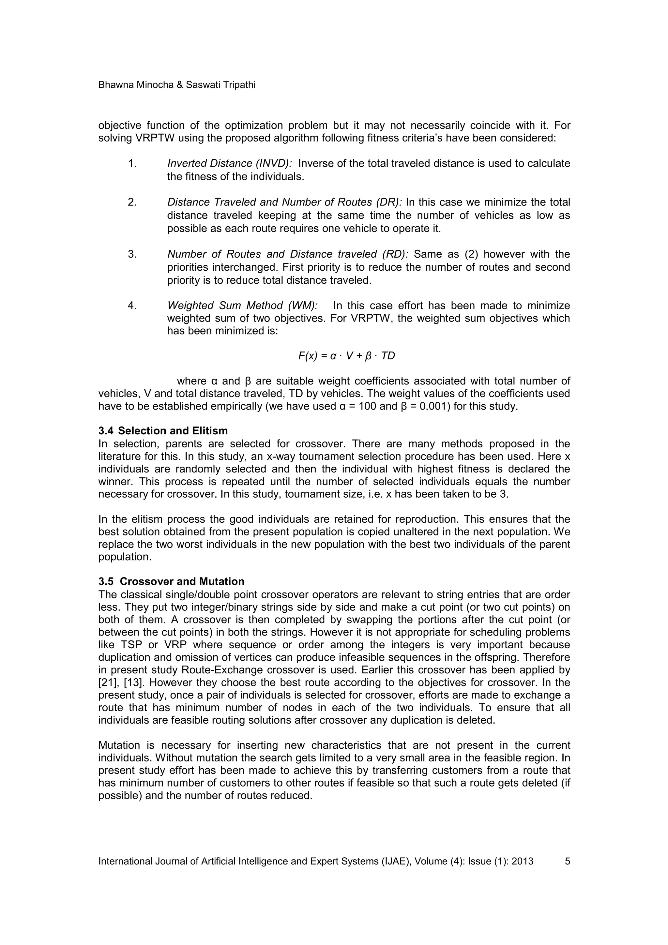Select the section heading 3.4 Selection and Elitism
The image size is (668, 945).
[163, 431]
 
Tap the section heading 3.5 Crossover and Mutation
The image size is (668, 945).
[171, 581]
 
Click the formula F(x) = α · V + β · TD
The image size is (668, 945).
[346, 356]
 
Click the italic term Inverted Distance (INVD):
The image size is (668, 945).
[229, 164]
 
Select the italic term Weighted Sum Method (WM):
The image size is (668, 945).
[242, 306]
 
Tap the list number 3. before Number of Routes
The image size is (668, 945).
[132, 254]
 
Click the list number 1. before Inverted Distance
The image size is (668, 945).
[132, 164]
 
